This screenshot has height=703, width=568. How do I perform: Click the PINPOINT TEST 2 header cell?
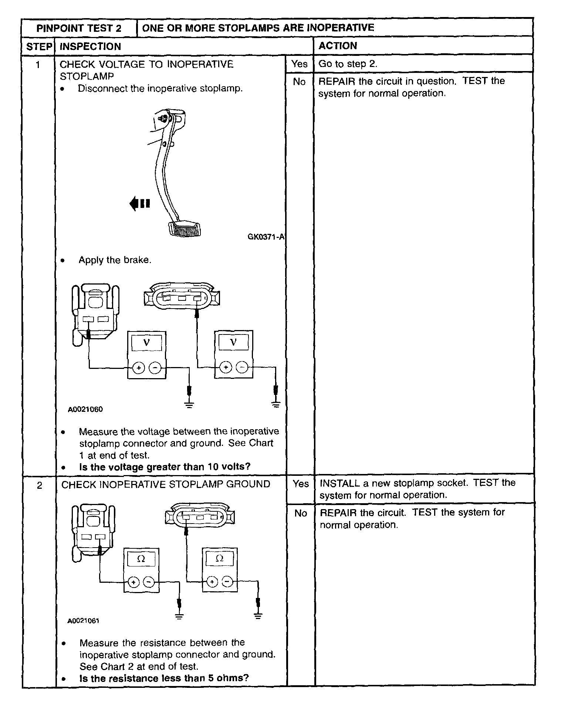pyautogui.click(x=79, y=28)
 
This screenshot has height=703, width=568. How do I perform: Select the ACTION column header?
pyautogui.click(x=338, y=46)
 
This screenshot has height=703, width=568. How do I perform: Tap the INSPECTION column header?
pyautogui.click(x=90, y=46)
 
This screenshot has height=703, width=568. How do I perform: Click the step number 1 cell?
pyautogui.click(x=38, y=65)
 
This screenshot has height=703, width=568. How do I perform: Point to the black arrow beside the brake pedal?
pyautogui.click(x=139, y=203)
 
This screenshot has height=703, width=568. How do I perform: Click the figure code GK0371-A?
pyautogui.click(x=266, y=237)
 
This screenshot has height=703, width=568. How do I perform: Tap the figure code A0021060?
pyautogui.click(x=85, y=409)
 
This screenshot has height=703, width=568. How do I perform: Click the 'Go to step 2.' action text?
pyautogui.click(x=348, y=64)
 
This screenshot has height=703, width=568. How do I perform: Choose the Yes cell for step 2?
pyautogui.click(x=300, y=484)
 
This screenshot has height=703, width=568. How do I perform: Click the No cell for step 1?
pyautogui.click(x=299, y=82)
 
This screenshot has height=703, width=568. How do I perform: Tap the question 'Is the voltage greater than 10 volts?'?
pyautogui.click(x=165, y=467)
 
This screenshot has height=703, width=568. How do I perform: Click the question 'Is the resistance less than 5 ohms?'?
pyautogui.click(x=164, y=678)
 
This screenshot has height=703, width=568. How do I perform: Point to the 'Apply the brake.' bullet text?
pyautogui.click(x=115, y=260)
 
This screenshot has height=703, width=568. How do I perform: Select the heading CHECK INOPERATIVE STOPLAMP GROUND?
pyautogui.click(x=165, y=484)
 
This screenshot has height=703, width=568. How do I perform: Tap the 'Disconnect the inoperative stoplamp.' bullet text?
pyautogui.click(x=160, y=89)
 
